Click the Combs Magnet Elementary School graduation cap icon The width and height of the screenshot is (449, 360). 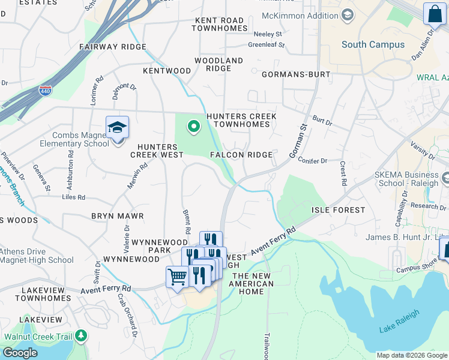(x=117, y=128)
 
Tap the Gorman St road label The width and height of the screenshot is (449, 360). (x=298, y=142)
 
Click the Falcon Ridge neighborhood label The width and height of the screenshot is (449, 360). (x=241, y=155)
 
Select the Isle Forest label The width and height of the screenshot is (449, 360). (x=338, y=210)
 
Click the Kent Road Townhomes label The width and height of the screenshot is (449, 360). (x=221, y=25)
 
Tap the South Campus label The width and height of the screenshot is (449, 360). (x=373, y=44)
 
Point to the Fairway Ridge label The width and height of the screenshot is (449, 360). (x=113, y=47)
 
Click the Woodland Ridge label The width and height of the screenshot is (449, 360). (x=218, y=65)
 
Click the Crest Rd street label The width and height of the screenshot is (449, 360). (x=343, y=173)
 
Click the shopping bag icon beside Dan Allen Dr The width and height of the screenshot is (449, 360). (x=433, y=13)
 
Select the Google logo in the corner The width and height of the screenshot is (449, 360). (x=20, y=353)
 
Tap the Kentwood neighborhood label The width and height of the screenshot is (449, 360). (x=167, y=71)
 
